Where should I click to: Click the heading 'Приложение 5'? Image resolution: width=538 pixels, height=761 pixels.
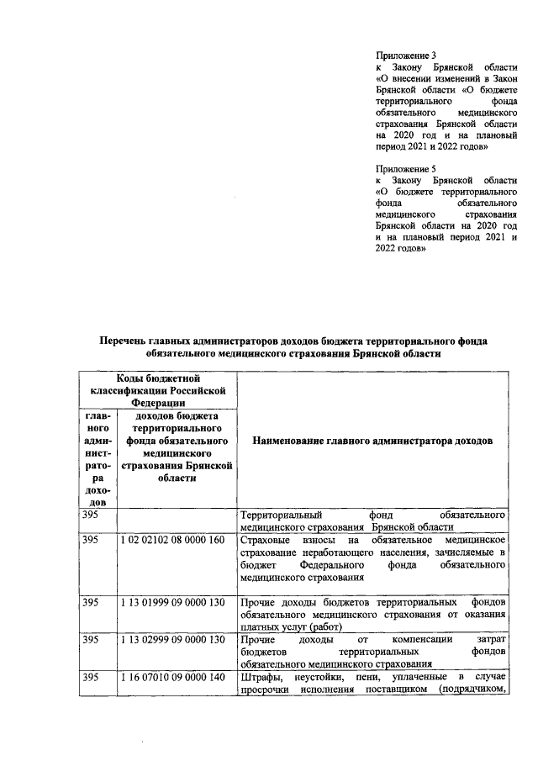406,168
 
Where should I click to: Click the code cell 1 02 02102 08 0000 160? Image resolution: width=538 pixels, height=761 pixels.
173,539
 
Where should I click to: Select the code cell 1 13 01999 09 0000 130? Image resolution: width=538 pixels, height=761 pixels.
173,603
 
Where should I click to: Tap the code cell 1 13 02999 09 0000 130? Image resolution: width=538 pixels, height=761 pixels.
173,641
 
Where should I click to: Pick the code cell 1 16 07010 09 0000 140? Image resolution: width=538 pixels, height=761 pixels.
173,678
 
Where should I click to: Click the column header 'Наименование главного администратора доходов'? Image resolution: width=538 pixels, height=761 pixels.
372,441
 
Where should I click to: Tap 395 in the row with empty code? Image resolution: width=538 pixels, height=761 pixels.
90,514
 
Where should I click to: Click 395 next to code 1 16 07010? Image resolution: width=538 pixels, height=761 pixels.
90,678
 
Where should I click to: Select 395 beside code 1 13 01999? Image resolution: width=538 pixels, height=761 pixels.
90,603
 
